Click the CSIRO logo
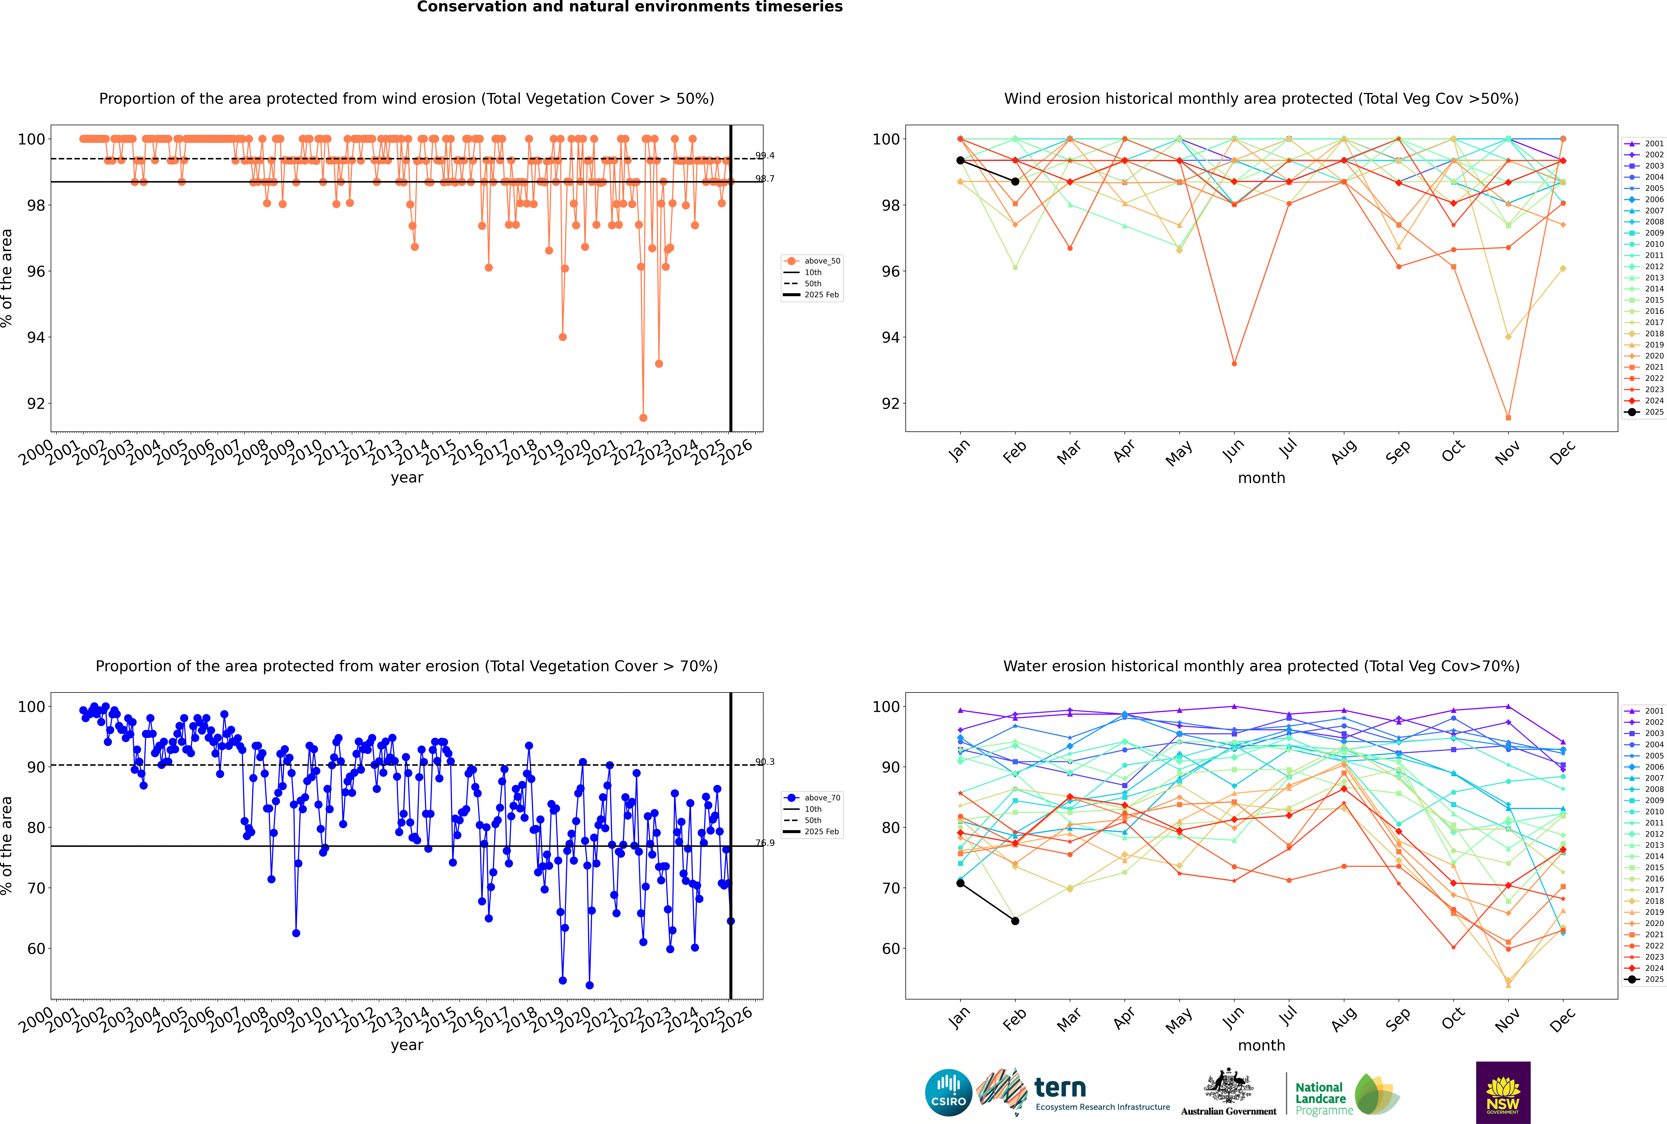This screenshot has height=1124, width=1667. [948, 1093]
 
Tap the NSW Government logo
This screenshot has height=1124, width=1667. [1503, 1092]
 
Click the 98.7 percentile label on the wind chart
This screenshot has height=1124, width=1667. [765, 178]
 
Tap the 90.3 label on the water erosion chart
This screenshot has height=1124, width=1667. [765, 762]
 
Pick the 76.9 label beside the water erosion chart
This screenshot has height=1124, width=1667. [765, 843]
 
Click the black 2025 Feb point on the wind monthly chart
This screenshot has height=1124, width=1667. [1015, 181]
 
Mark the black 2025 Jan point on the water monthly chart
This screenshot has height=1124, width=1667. [960, 883]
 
